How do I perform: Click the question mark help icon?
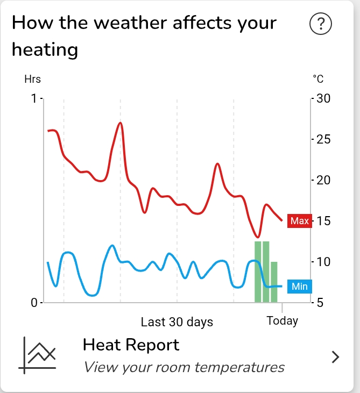[321, 24]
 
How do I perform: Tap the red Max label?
[299, 221]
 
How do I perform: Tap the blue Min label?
[299, 287]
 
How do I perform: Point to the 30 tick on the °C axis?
[323, 98]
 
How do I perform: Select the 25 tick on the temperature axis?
[323, 139]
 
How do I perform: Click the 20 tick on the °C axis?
[323, 180]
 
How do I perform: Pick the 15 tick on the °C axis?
[323, 221]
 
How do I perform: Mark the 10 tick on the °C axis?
[323, 262]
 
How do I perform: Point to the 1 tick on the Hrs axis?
[35, 98]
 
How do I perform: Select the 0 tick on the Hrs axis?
[34, 303]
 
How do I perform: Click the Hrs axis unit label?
[32, 80]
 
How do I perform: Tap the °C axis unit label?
[318, 80]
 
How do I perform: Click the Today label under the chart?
[283, 321]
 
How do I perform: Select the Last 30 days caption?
[177, 322]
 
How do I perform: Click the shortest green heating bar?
[274, 282]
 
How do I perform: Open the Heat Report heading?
[131, 345]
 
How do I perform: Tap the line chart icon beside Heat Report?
[38, 354]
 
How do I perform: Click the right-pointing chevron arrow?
[336, 356]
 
